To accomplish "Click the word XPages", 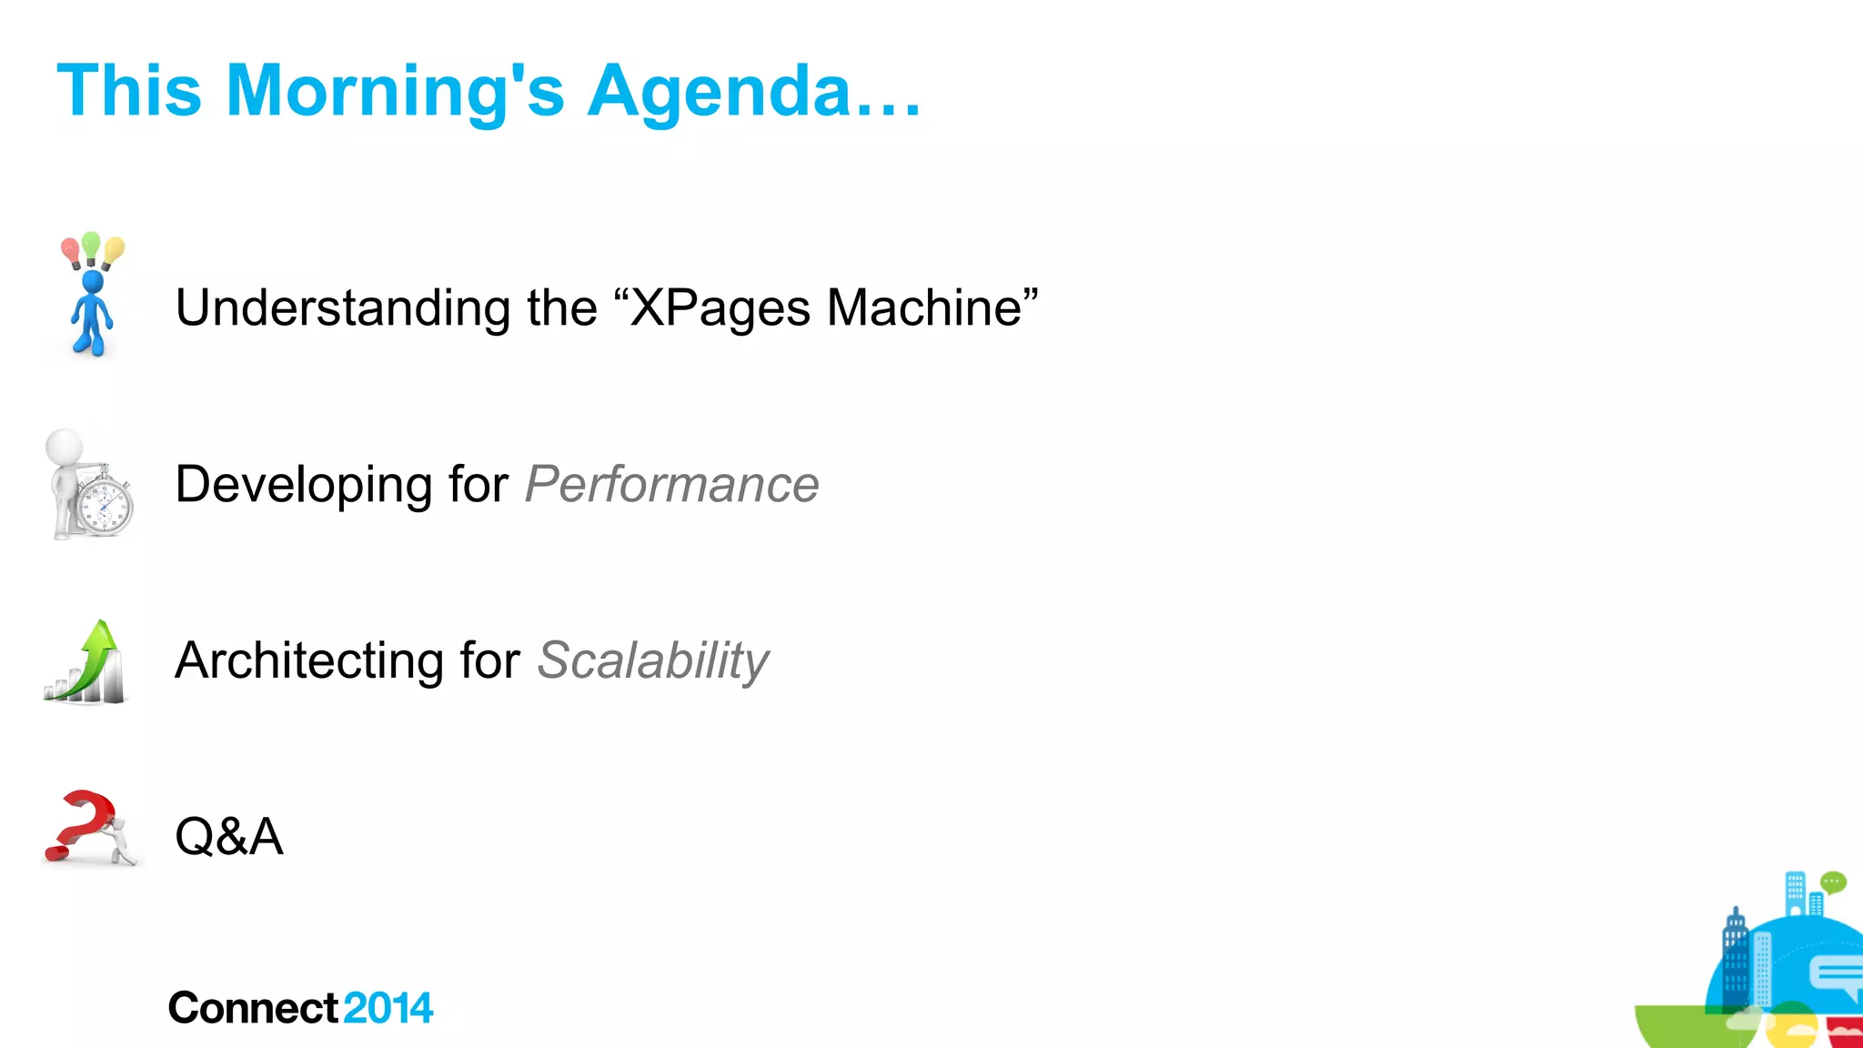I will coord(720,307).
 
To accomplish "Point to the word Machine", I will coord(924,307).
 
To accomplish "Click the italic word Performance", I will coord(671,484).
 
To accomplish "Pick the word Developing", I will coord(303,484).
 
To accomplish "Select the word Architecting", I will coord(309,660).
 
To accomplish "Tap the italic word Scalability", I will coord(652,660).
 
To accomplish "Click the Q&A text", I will coord(229,836).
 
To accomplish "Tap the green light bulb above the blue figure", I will coord(91,244).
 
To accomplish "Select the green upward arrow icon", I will coord(92,660).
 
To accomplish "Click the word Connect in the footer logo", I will coord(253,1008).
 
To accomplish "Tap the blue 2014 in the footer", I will coord(388,1008).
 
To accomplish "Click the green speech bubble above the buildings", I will coord(1833,882).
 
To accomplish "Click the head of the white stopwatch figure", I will coord(64,447).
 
